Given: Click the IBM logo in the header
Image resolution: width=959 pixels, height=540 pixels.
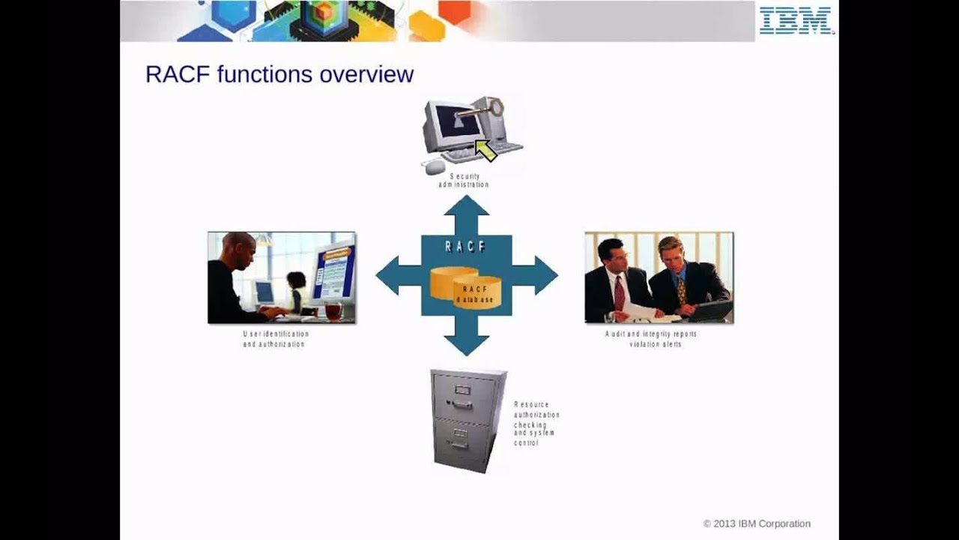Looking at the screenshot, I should click(x=796, y=20).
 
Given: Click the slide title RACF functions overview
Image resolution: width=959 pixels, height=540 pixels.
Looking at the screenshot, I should click(x=279, y=74).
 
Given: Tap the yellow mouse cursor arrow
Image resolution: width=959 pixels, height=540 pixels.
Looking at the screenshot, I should click(x=486, y=151).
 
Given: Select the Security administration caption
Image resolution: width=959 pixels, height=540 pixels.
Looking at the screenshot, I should click(x=464, y=181).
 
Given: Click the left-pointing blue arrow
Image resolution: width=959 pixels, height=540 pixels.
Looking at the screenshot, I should click(x=396, y=275).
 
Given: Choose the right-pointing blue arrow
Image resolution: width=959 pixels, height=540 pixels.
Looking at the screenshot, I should click(x=537, y=275).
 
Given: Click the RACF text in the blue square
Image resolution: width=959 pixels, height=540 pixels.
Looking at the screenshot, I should click(x=465, y=247).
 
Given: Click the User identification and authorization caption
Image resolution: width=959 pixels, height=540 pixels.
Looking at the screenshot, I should click(x=275, y=339).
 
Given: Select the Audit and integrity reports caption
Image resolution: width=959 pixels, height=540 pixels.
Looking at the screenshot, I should click(x=651, y=339).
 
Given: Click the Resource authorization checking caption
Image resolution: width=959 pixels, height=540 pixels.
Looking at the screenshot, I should click(x=536, y=424).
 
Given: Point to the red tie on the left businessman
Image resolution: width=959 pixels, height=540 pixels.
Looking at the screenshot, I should click(x=619, y=292).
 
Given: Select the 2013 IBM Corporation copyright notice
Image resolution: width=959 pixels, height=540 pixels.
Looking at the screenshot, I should click(x=757, y=523).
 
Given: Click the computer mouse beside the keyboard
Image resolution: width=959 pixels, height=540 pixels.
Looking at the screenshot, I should click(x=435, y=166).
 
